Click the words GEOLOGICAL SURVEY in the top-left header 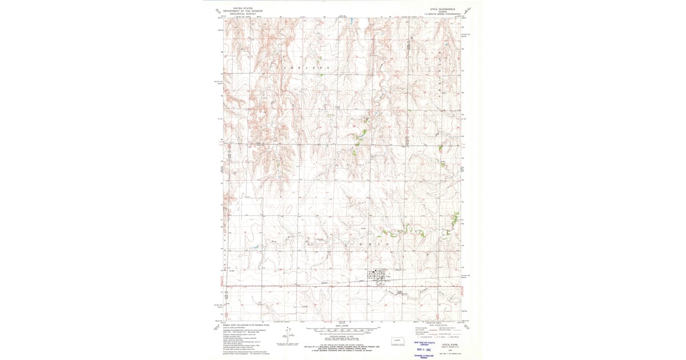pyautogui.click(x=240, y=13)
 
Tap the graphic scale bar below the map pyautogui.click(x=344, y=330)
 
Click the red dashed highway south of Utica pyautogui.click(x=343, y=285)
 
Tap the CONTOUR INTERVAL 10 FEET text pyautogui.click(x=344, y=337)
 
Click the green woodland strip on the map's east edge pyautogui.click(x=456, y=218)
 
